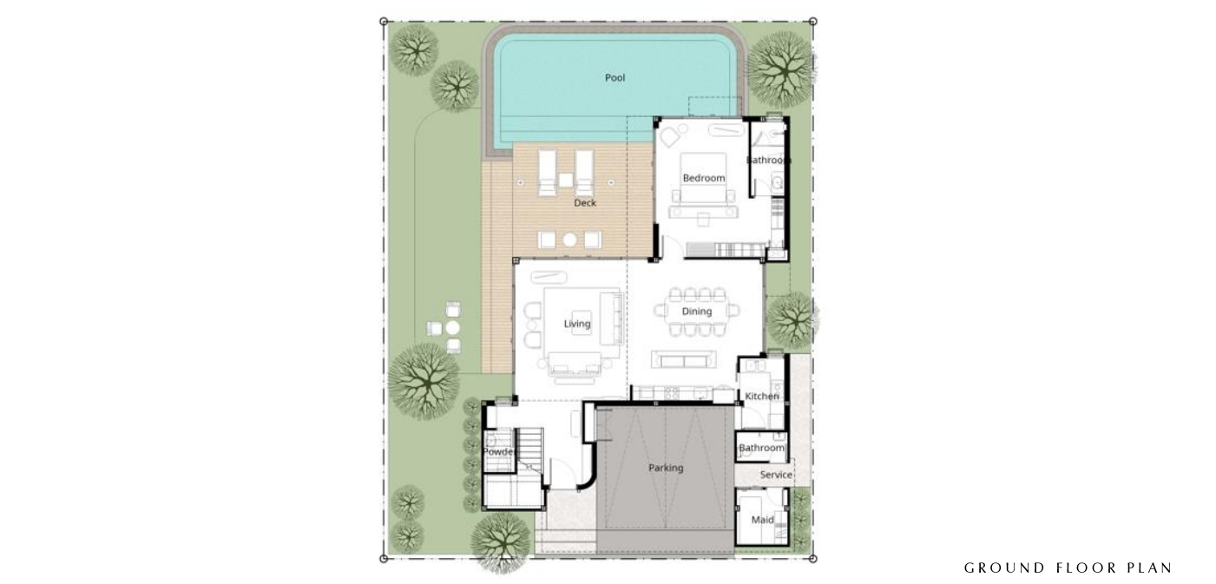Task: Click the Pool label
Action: [615, 77]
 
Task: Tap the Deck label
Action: [585, 202]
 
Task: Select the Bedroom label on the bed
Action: [704, 178]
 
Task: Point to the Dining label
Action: [696, 311]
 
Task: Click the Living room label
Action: [576, 324]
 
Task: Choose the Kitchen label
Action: [762, 397]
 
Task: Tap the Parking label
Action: [666, 468]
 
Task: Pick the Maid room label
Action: [762, 520]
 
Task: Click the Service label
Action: [776, 475]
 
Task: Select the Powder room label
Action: [498, 451]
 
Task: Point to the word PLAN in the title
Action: [1149, 568]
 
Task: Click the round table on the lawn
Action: [453, 328]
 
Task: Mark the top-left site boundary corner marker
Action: [384, 22]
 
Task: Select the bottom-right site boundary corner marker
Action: [812, 559]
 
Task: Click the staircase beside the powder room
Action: [529, 449]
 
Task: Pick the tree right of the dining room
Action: [792, 320]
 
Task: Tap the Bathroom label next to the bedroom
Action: [767, 161]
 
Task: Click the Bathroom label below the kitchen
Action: [762, 448]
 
